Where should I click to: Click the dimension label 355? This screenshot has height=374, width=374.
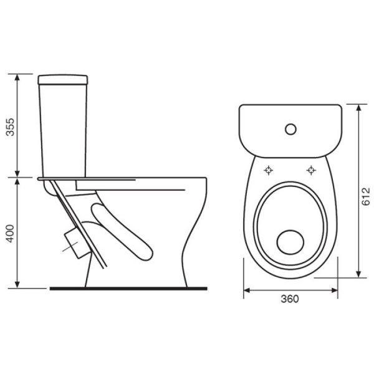[x=10, y=127]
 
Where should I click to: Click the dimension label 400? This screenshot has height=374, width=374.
[x=10, y=233]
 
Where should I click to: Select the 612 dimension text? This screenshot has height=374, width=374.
[x=365, y=196]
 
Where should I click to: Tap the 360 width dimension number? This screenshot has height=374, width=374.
[x=290, y=299]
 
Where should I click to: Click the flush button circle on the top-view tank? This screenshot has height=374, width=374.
[x=290, y=129]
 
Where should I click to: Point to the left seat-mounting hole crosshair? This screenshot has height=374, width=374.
[x=269, y=170]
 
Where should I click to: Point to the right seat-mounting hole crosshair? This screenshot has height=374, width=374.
[x=311, y=170]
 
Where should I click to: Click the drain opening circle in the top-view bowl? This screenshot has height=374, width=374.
[x=290, y=242]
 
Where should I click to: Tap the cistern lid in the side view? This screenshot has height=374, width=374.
[x=63, y=80]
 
